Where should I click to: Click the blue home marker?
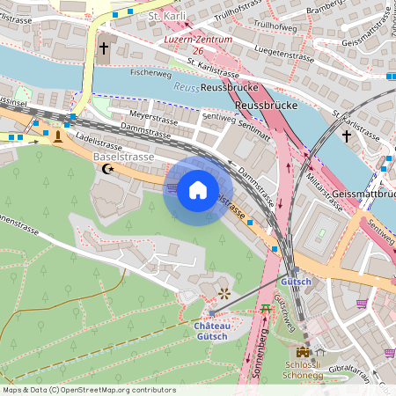click(x=197, y=189)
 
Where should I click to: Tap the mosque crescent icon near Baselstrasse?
click(x=108, y=168)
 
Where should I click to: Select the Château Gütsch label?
click(x=211, y=331)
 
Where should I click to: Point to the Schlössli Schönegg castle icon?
click(x=304, y=351)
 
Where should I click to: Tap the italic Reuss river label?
click(x=186, y=87)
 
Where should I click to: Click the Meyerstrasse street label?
click(x=148, y=115)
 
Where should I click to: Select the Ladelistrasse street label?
click(x=97, y=139)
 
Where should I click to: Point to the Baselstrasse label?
click(x=123, y=156)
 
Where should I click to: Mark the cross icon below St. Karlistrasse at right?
click(x=347, y=136)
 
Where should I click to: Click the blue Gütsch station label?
click(x=296, y=282)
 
